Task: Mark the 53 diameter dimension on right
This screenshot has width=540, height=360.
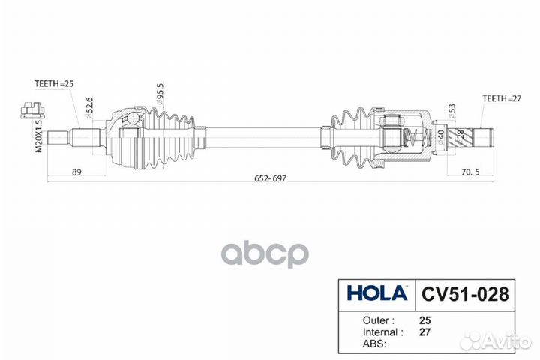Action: tap(451, 112)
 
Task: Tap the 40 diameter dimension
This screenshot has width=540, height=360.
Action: tap(439, 136)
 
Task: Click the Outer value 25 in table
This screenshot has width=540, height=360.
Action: tap(425, 318)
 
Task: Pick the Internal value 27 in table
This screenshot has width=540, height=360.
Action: tap(425, 331)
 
